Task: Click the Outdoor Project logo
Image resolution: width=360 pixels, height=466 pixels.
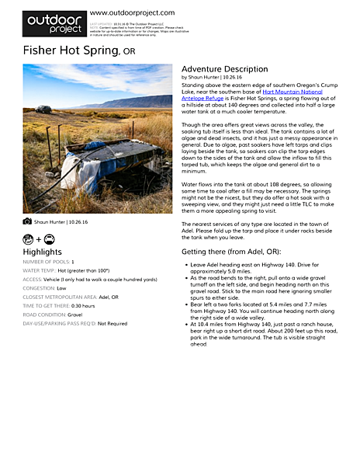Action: [x=54, y=23]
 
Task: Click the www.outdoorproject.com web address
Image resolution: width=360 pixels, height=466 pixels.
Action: [x=132, y=12]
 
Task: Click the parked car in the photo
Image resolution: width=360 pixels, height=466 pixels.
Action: [x=44, y=109]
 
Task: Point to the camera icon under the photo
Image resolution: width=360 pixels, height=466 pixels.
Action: [x=27, y=221]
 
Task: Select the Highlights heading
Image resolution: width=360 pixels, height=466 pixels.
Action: [x=42, y=252]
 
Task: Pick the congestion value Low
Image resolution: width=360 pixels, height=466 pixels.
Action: [x=61, y=288]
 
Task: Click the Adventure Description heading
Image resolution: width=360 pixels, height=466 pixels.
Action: [x=224, y=69]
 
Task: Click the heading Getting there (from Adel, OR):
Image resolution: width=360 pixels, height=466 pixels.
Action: [x=231, y=252]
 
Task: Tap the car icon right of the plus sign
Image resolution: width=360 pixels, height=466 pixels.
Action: [x=49, y=238]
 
